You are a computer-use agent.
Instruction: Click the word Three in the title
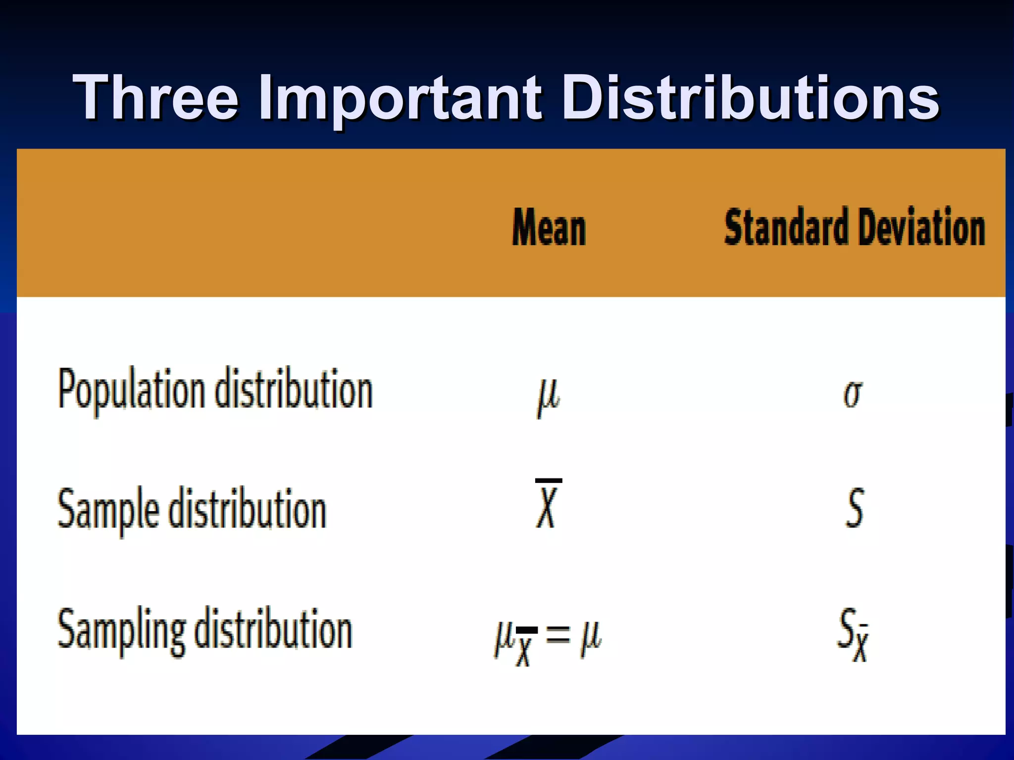[156, 97]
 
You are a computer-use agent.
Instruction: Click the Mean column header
[549, 228]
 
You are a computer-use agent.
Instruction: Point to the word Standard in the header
[785, 227]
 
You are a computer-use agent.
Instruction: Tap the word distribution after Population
[294, 389]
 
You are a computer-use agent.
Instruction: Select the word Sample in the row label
[108, 510]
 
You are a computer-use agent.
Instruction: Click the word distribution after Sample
[248, 509]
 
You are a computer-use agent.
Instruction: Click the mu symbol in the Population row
[548, 396]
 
